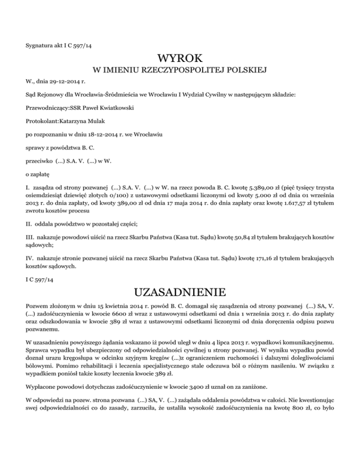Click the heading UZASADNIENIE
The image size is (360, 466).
[x=180, y=294]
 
